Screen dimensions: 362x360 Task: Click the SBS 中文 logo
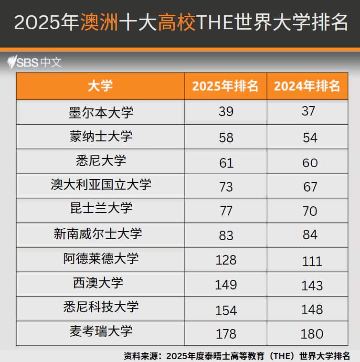[35, 62]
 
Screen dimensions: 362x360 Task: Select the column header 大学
[100, 86]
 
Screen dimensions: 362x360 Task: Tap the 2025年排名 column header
[225, 86]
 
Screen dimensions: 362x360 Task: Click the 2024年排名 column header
[307, 86]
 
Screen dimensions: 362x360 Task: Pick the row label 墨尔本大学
[101, 112]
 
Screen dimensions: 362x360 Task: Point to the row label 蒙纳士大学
[101, 137]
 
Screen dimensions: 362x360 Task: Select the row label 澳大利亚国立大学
[101, 185]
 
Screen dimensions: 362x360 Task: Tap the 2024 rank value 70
[310, 211]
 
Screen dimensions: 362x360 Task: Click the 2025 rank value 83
[226, 235]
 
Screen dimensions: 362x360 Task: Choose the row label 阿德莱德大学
[101, 258]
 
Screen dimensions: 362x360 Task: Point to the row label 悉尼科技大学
[101, 307]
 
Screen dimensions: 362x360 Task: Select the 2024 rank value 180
[312, 334]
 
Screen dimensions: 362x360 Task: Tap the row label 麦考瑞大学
[101, 331]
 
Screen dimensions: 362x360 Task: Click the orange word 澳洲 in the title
[99, 22]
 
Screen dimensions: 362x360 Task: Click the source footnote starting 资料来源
[236, 356]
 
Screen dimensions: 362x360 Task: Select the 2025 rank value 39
[226, 112]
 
